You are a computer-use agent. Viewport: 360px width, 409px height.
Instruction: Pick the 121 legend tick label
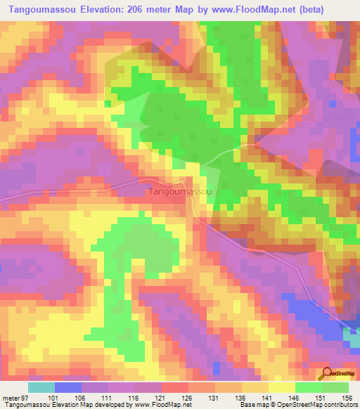pos(162,398)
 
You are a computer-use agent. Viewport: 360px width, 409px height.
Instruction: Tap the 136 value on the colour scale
pos(242,398)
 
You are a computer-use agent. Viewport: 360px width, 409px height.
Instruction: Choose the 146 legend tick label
pos(295,398)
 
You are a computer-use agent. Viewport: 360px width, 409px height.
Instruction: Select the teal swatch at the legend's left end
pos(41,387)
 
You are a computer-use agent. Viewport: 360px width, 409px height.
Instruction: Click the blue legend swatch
pos(68,387)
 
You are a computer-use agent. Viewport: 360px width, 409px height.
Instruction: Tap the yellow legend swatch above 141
pos(255,387)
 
